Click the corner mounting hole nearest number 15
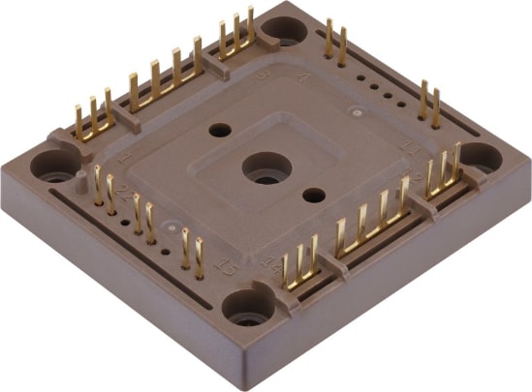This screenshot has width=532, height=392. [243, 307]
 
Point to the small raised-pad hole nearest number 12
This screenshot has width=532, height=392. [313, 195]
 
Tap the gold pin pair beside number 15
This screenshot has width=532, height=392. [193, 250]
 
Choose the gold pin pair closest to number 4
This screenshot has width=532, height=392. [335, 43]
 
